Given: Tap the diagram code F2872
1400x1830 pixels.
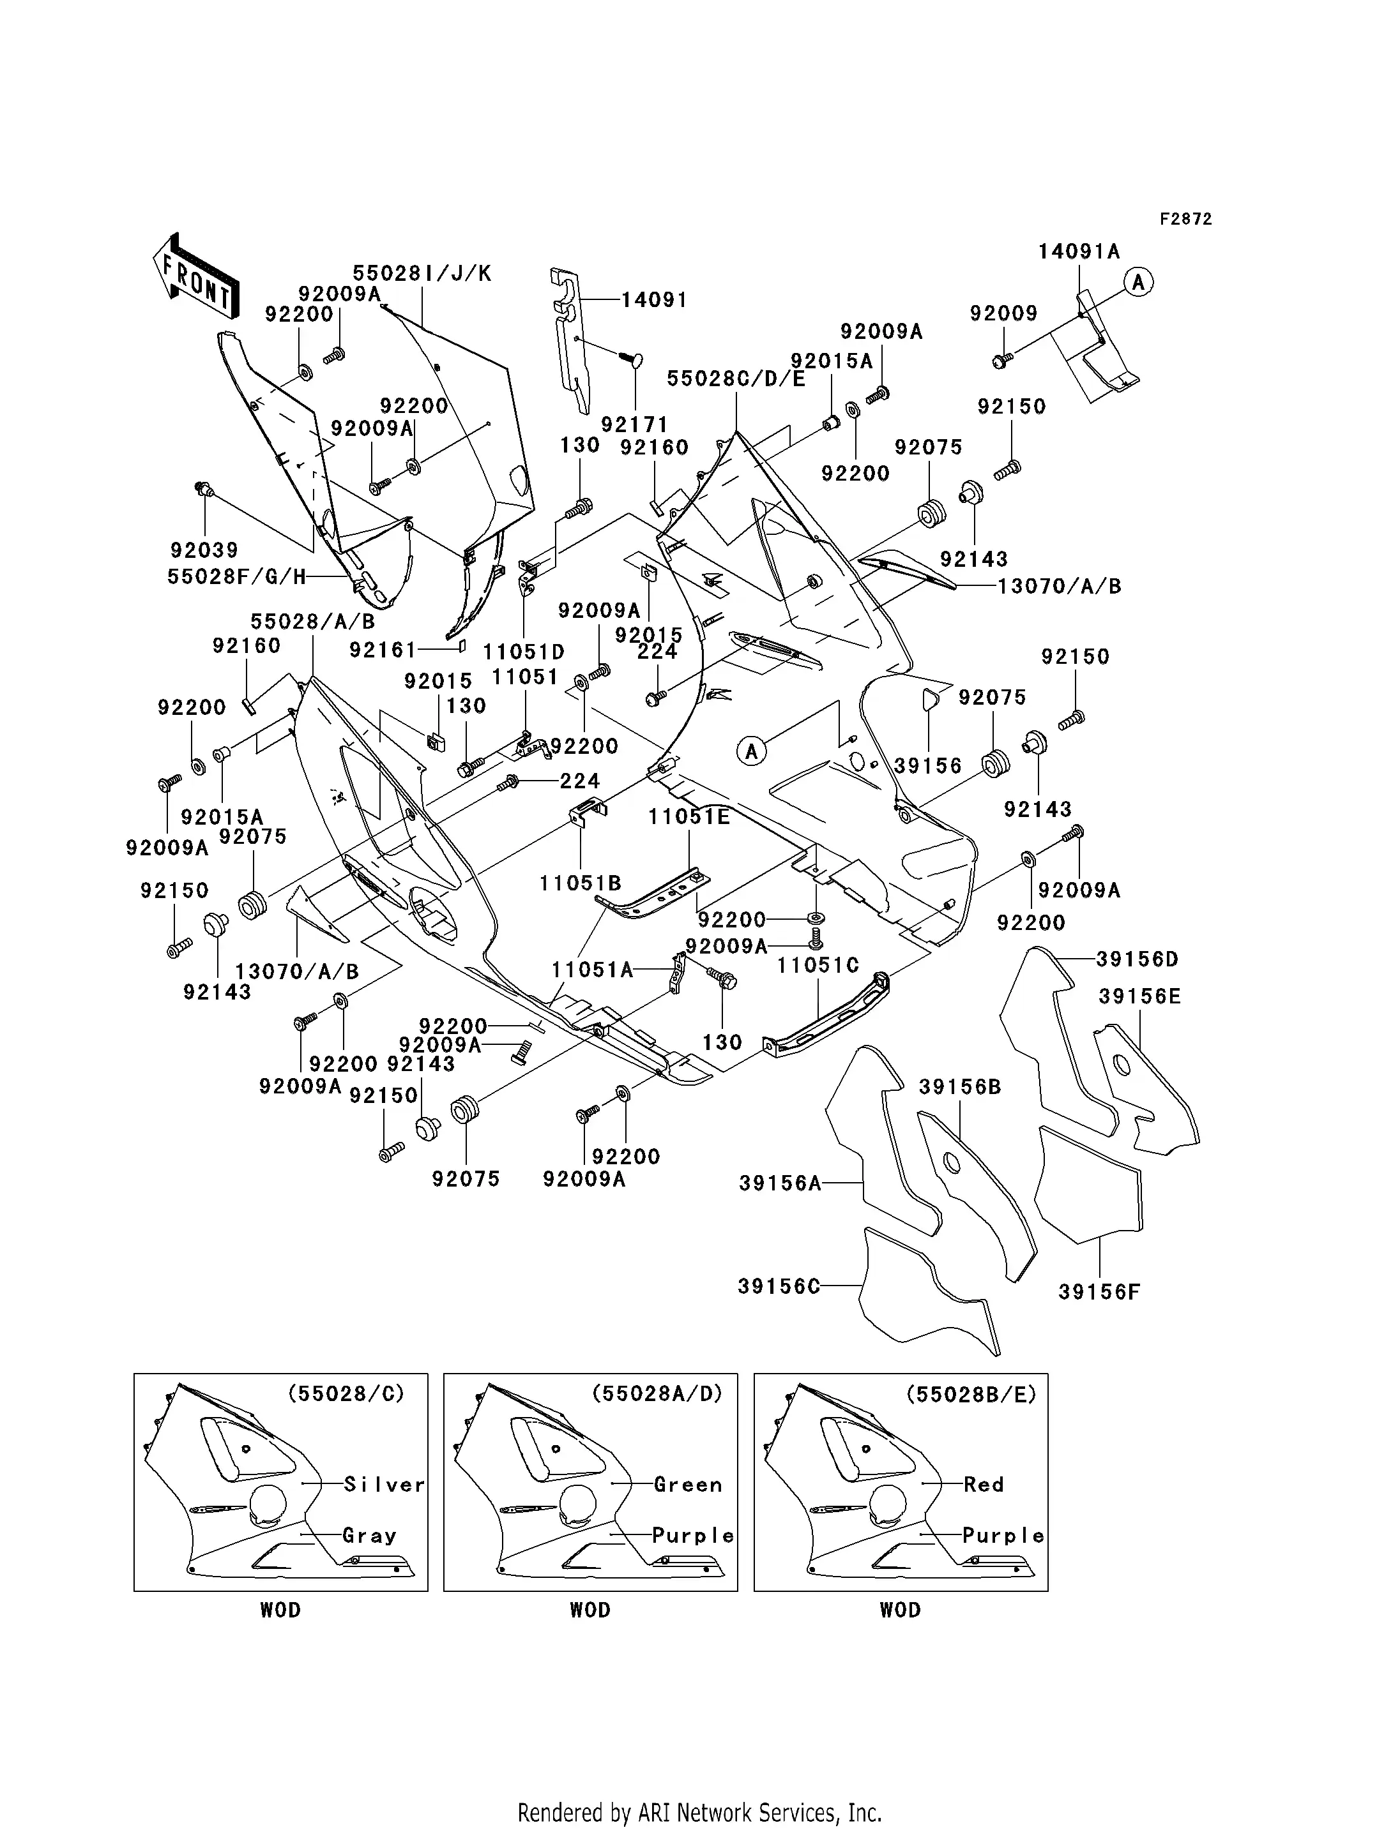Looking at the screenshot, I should coord(1185,219).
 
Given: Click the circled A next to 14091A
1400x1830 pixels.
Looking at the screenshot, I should coord(1138,282).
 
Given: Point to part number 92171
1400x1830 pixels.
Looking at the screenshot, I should coord(634,425).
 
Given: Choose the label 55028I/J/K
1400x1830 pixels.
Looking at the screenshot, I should coord(422,273).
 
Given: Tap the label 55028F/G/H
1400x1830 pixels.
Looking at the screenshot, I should coord(237,576).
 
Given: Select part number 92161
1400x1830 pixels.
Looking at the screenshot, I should coord(383,650).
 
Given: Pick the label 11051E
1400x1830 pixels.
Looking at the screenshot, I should coord(689,817).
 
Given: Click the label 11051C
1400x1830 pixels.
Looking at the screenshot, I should coord(818,965).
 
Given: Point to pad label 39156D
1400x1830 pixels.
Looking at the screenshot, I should coord(1137,959).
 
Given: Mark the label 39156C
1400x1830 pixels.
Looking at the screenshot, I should coord(779,1287).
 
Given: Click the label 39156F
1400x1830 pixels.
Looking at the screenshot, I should coord(1099,1292).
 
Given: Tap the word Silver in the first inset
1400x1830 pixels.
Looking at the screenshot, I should coord(384,1484).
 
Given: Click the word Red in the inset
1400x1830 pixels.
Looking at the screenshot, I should coord(984,1484).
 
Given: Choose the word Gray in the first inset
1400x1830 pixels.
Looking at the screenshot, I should coord(369,1535).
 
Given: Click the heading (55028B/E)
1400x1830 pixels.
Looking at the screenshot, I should coord(971,1393).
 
